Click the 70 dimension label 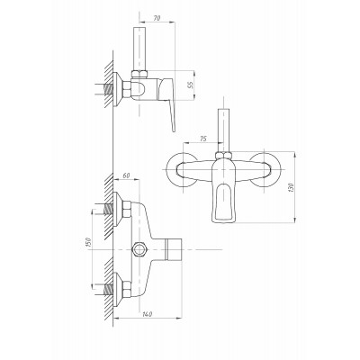click(x=157, y=18)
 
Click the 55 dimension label click(x=190, y=85)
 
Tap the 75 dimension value click(x=203, y=139)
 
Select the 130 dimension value click(x=291, y=187)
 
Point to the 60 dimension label click(x=127, y=175)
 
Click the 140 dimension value click(x=147, y=314)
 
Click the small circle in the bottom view click(x=139, y=249)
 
